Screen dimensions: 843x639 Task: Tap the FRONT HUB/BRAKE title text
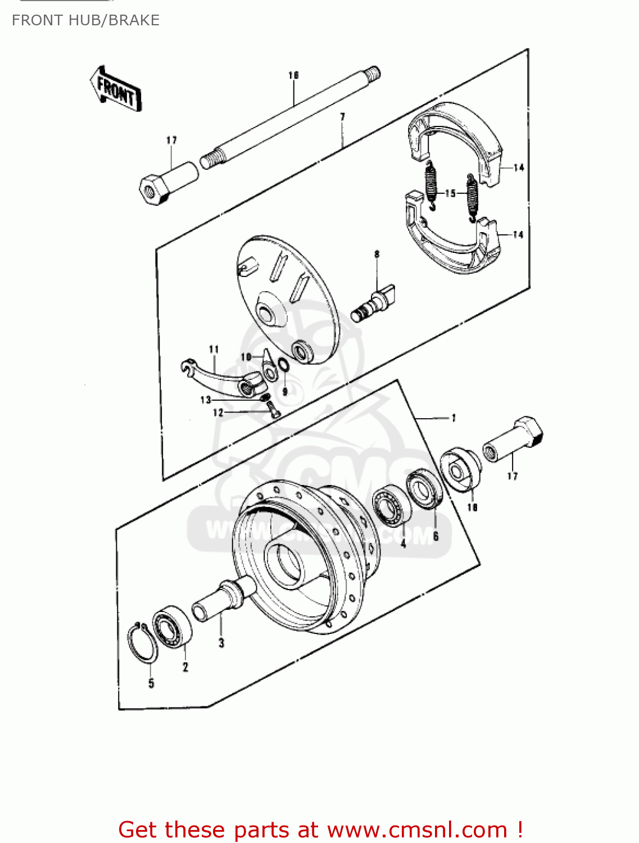(85, 20)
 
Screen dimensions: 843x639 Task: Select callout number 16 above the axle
(293, 75)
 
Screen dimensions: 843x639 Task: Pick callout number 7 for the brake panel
(342, 117)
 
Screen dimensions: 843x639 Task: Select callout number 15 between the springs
(450, 193)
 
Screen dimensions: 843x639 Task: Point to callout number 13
(206, 400)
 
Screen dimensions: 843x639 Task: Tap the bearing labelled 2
(173, 626)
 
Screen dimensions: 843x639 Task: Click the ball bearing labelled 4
(391, 506)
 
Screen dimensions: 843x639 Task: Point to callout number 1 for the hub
(454, 418)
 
